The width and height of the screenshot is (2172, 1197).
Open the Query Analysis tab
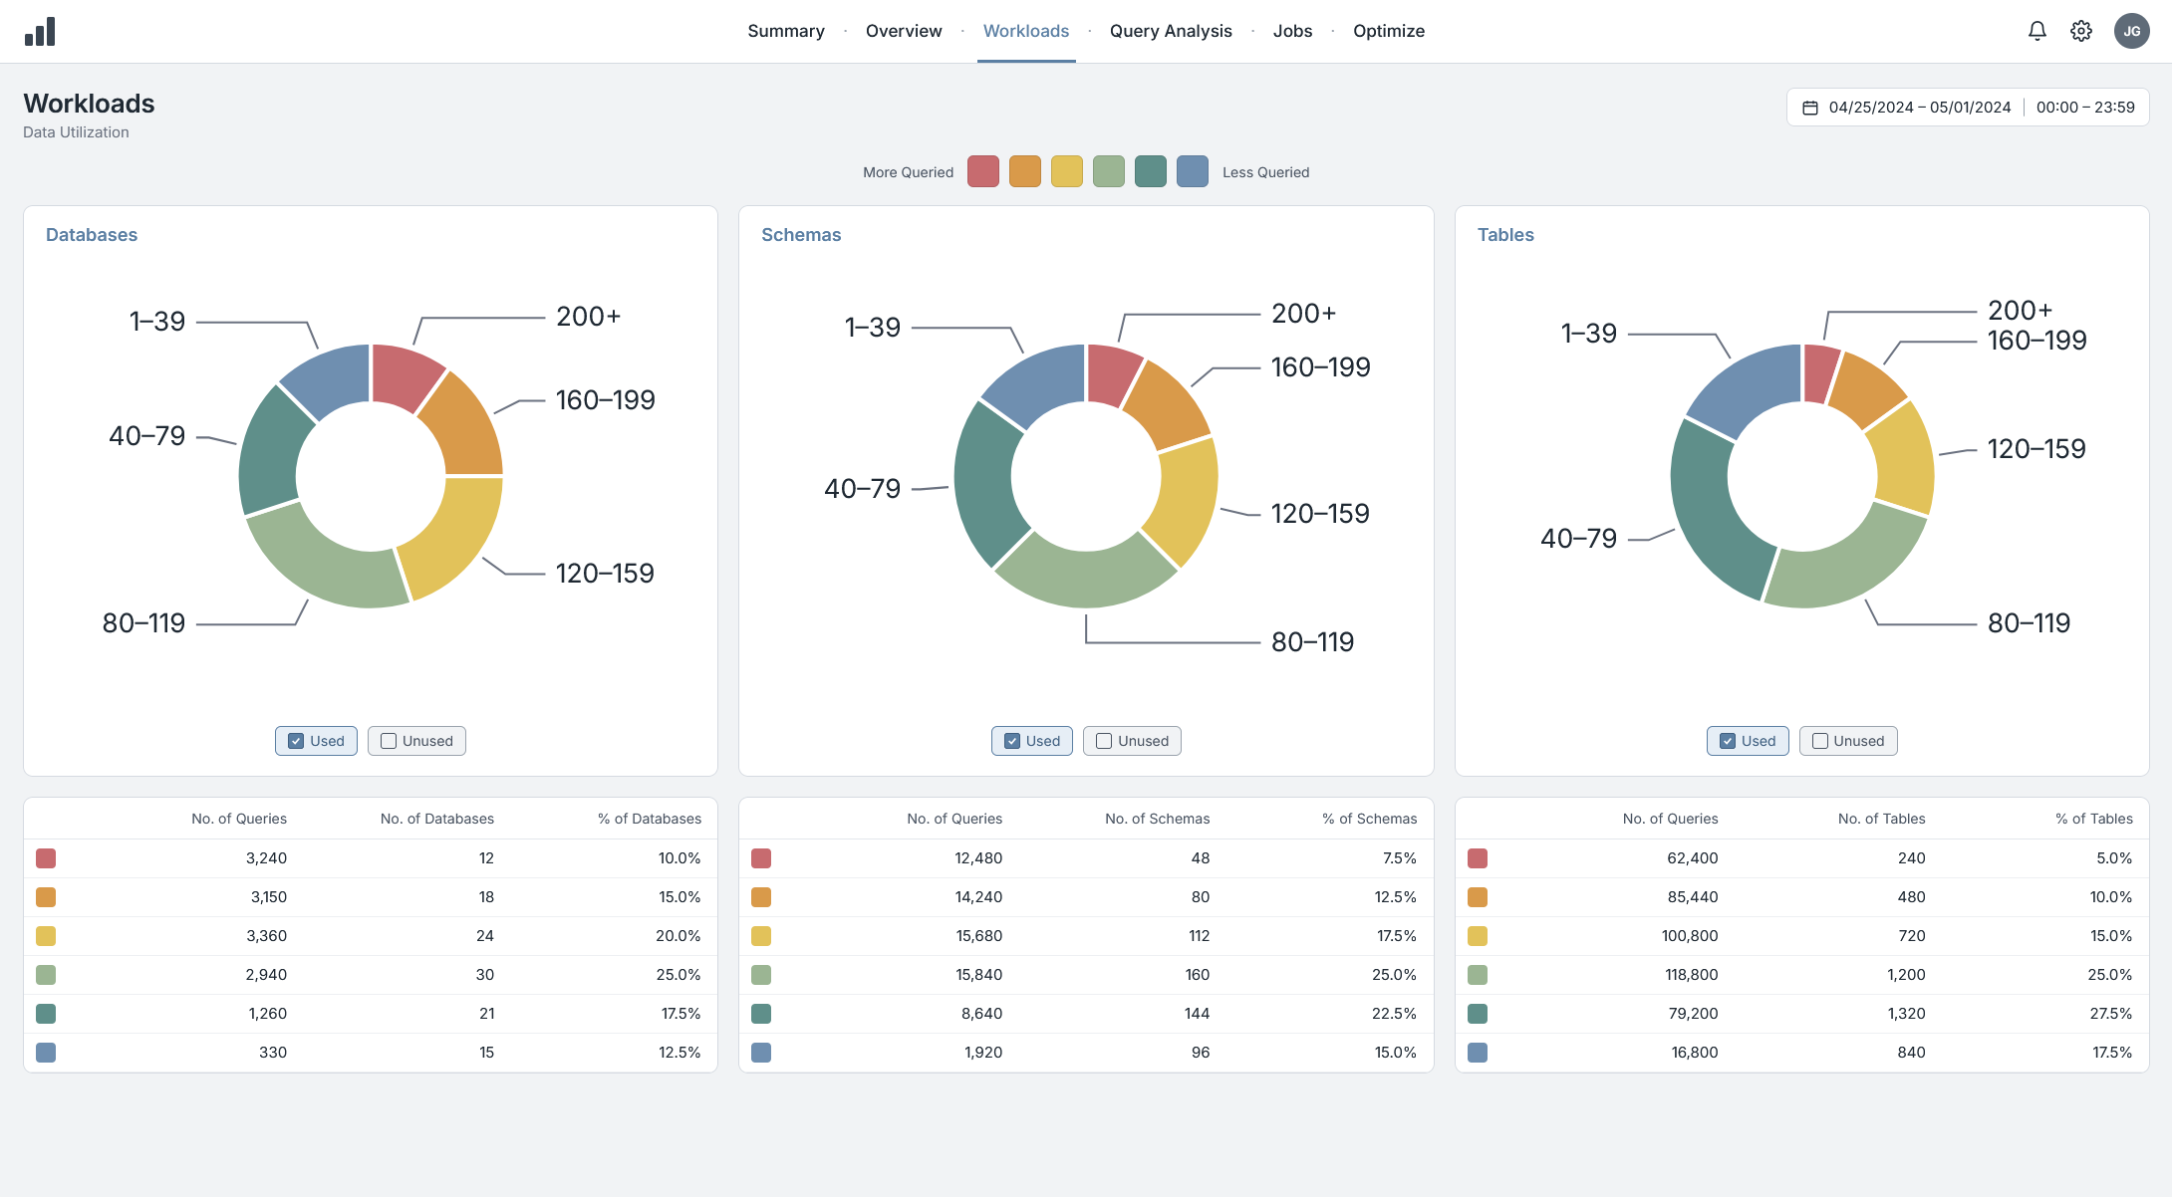pyautogui.click(x=1171, y=31)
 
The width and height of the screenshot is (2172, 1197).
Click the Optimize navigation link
pyautogui.click(x=1389, y=31)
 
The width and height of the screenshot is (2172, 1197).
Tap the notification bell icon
pyautogui.click(x=2037, y=31)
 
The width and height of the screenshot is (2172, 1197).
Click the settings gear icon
pyautogui.click(x=2081, y=31)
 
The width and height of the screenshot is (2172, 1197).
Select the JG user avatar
pyautogui.click(x=2132, y=31)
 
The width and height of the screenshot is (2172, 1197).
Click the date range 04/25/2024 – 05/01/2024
pyautogui.click(x=1920, y=108)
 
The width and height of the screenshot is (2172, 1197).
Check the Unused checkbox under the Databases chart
pyautogui.click(x=389, y=741)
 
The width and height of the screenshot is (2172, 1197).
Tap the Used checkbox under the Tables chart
pyautogui.click(x=1728, y=741)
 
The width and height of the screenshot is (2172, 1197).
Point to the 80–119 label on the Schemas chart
pyautogui.click(x=1312, y=642)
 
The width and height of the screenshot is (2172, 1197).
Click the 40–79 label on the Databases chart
pyautogui.click(x=147, y=436)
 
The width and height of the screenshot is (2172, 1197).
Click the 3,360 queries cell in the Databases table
pyautogui.click(x=266, y=936)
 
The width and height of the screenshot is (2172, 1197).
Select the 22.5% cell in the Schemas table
pyautogui.click(x=1394, y=1014)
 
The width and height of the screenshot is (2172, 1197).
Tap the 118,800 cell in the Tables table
pyautogui.click(x=1692, y=975)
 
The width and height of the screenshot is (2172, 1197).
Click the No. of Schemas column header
pyautogui.click(x=1157, y=819)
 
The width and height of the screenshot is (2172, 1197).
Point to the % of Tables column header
pyautogui.click(x=2094, y=819)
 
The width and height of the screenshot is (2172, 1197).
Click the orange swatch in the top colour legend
pyautogui.click(x=1025, y=171)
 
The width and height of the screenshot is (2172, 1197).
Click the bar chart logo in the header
pyautogui.click(x=40, y=32)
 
